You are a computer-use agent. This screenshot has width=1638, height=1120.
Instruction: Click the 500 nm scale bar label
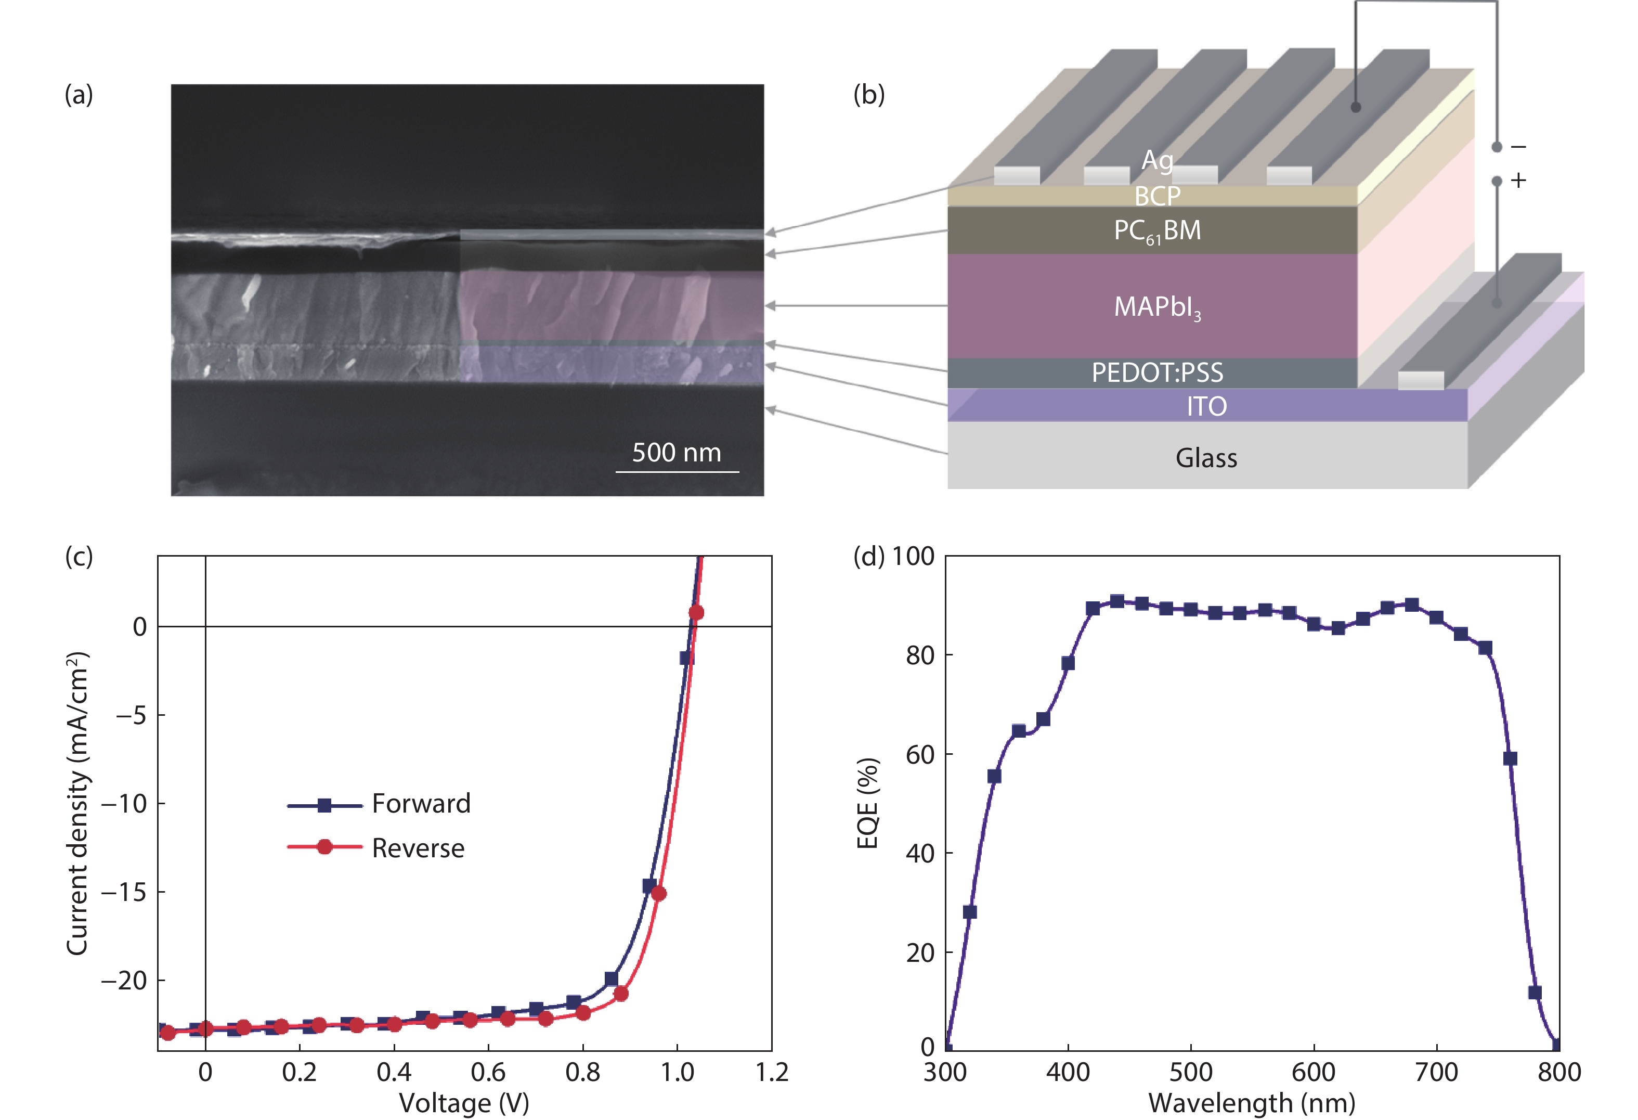coord(676,453)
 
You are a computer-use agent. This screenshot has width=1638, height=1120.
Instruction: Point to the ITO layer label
coord(1206,406)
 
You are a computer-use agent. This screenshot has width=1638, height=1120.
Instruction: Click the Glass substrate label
coord(1206,458)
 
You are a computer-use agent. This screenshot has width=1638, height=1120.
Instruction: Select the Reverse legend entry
coord(418,848)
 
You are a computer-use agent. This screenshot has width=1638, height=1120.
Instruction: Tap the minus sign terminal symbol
coord(1519,147)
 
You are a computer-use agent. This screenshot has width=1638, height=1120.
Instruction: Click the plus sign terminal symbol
coord(1519,181)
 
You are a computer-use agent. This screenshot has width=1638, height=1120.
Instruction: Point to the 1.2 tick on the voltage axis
coord(772,1073)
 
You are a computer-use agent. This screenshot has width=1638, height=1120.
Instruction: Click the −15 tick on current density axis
coord(124,892)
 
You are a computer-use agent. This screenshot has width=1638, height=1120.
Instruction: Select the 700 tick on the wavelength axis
coord(1436,1073)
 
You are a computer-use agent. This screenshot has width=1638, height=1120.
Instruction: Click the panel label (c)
coord(79,557)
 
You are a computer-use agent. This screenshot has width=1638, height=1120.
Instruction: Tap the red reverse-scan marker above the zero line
coord(696,613)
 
